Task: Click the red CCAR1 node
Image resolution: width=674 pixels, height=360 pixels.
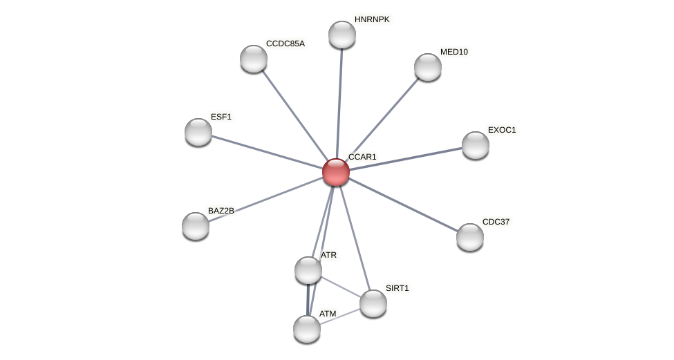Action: pyautogui.click(x=336, y=172)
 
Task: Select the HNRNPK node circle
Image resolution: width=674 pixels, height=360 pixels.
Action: pyautogui.click(x=342, y=35)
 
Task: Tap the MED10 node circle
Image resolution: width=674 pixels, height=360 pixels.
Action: pyautogui.click(x=428, y=67)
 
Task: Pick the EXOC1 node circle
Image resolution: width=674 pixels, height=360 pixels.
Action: pyautogui.click(x=476, y=145)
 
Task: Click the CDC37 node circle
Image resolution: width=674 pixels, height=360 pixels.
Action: pyautogui.click(x=470, y=237)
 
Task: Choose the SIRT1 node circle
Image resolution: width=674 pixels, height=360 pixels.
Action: pyautogui.click(x=373, y=303)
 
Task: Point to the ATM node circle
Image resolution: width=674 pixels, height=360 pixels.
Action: pyautogui.click(x=307, y=329)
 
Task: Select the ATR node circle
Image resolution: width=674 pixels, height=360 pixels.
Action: pyautogui.click(x=308, y=270)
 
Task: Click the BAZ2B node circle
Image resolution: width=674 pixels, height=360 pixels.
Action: pyautogui.click(x=196, y=226)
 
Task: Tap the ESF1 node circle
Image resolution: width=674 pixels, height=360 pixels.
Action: pyautogui.click(x=198, y=132)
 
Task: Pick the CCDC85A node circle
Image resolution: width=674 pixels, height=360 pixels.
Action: pyautogui.click(x=254, y=59)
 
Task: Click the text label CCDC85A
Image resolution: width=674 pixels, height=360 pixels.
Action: pyautogui.click(x=285, y=44)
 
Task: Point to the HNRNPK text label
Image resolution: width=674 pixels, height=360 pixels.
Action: pyautogui.click(x=372, y=19)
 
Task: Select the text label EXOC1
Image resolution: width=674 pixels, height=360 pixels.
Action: pyautogui.click(x=502, y=130)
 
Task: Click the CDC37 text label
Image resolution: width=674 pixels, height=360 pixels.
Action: pyautogui.click(x=496, y=222)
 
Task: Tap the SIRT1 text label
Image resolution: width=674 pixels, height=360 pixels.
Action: pyautogui.click(x=397, y=288)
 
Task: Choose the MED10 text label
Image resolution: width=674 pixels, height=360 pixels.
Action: pyautogui.click(x=454, y=52)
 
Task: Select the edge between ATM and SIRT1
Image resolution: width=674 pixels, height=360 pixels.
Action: pyautogui.click(x=340, y=316)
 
